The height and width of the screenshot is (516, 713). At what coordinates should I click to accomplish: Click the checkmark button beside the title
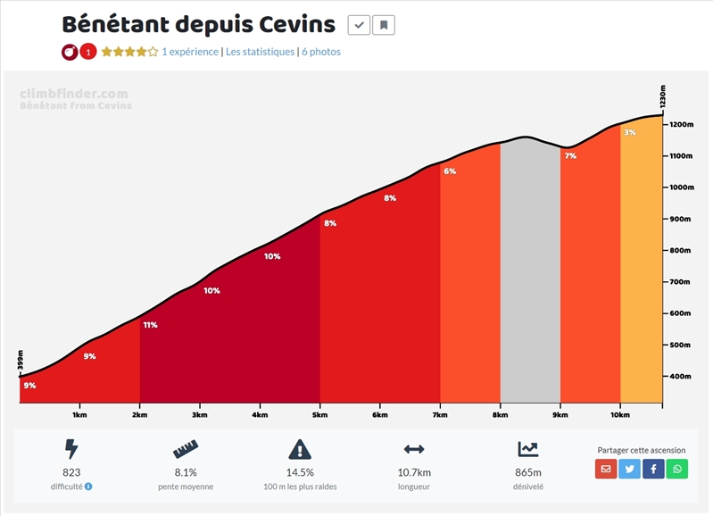[x=359, y=25]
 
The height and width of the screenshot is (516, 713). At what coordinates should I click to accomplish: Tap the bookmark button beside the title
[x=384, y=25]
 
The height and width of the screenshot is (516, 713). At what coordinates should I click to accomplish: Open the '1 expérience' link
[x=190, y=52]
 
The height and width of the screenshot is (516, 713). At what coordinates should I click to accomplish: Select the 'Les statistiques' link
[x=260, y=52]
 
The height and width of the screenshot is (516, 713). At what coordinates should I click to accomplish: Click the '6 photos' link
[x=320, y=52]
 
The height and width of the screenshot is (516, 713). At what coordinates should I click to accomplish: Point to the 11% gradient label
[x=150, y=325]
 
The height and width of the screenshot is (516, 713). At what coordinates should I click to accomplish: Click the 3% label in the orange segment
[x=630, y=133]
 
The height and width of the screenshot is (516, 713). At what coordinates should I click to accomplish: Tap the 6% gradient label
[x=450, y=171]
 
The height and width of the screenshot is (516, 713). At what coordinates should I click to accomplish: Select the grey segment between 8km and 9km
[x=530, y=268]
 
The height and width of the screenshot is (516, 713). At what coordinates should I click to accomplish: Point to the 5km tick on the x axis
[x=320, y=414]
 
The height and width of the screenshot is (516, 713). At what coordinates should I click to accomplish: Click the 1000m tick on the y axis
[x=682, y=187]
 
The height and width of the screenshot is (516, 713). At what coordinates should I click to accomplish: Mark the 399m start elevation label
[x=20, y=360]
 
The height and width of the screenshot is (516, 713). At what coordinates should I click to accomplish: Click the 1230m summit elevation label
[x=663, y=96]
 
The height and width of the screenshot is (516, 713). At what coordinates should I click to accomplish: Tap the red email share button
[x=606, y=469]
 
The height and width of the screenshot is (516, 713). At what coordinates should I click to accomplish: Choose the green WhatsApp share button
[x=677, y=469]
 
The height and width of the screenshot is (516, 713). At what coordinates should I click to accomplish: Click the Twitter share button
[x=630, y=469]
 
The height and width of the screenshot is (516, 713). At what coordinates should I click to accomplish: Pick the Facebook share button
[x=653, y=469]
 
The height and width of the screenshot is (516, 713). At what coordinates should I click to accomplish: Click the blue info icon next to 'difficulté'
[x=88, y=487]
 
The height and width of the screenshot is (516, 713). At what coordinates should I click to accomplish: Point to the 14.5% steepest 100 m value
[x=300, y=472]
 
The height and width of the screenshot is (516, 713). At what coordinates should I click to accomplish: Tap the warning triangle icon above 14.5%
[x=300, y=449]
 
